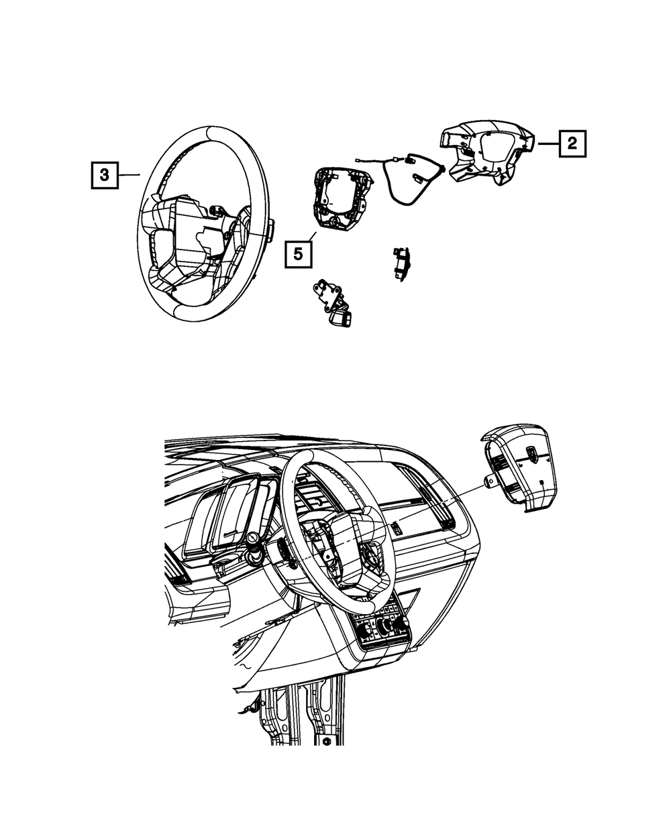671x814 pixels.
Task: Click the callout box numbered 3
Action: point(105,176)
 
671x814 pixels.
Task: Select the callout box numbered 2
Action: point(571,143)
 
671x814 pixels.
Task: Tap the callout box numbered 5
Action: point(299,254)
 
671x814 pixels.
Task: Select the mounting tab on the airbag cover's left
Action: point(488,479)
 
